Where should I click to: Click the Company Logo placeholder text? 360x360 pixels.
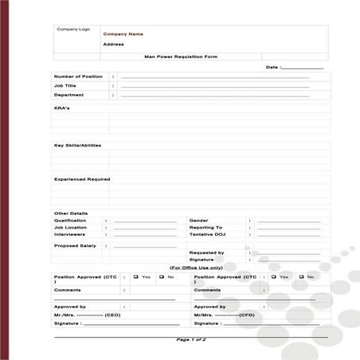[73, 29]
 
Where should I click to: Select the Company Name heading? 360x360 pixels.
[123, 34]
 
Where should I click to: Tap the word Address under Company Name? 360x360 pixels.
[113, 45]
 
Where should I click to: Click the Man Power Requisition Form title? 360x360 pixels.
[180, 57]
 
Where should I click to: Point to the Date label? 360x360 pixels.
[272, 68]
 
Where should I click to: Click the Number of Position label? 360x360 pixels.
[78, 76]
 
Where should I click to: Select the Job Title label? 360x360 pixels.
[65, 85]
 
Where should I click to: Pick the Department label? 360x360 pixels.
[68, 95]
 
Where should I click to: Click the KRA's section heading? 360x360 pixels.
[61, 108]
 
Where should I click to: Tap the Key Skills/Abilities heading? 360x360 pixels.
[77, 146]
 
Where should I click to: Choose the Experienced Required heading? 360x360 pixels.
[82, 179]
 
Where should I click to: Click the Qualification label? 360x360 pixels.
[70, 221]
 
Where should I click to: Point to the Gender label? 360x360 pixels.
[198, 221]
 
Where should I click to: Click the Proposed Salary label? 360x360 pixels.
[75, 246]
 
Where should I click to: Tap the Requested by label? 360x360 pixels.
[206, 252]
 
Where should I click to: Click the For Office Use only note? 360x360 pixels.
[196, 268]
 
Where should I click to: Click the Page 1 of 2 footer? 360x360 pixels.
[191, 340]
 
